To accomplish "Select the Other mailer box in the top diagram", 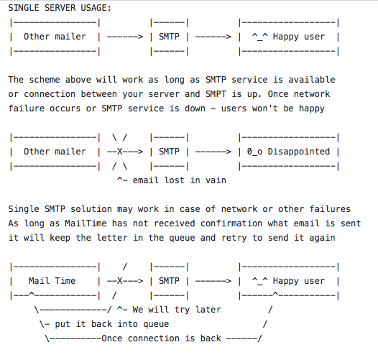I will tap(55, 37).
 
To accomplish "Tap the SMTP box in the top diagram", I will tap(169, 37).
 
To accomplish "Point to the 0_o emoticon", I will tap(257, 152).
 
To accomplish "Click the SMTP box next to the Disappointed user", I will tap(169, 152).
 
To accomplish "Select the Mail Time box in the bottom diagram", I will tap(55, 281).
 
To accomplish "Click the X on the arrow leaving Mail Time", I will tap(120, 281).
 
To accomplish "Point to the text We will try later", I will tap(175, 310).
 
